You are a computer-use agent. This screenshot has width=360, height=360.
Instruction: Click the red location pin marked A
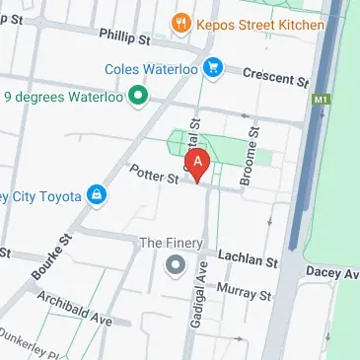[199, 162]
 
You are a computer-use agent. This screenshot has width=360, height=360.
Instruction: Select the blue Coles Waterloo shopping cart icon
[211, 68]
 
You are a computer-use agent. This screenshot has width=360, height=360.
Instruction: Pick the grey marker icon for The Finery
[176, 264]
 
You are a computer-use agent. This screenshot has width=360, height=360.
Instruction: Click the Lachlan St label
[249, 259]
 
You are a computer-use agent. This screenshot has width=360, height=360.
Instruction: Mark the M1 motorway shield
[319, 100]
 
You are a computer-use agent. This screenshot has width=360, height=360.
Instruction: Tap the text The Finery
[171, 243]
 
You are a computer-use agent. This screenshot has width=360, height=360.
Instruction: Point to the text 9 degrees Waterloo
[62, 97]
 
